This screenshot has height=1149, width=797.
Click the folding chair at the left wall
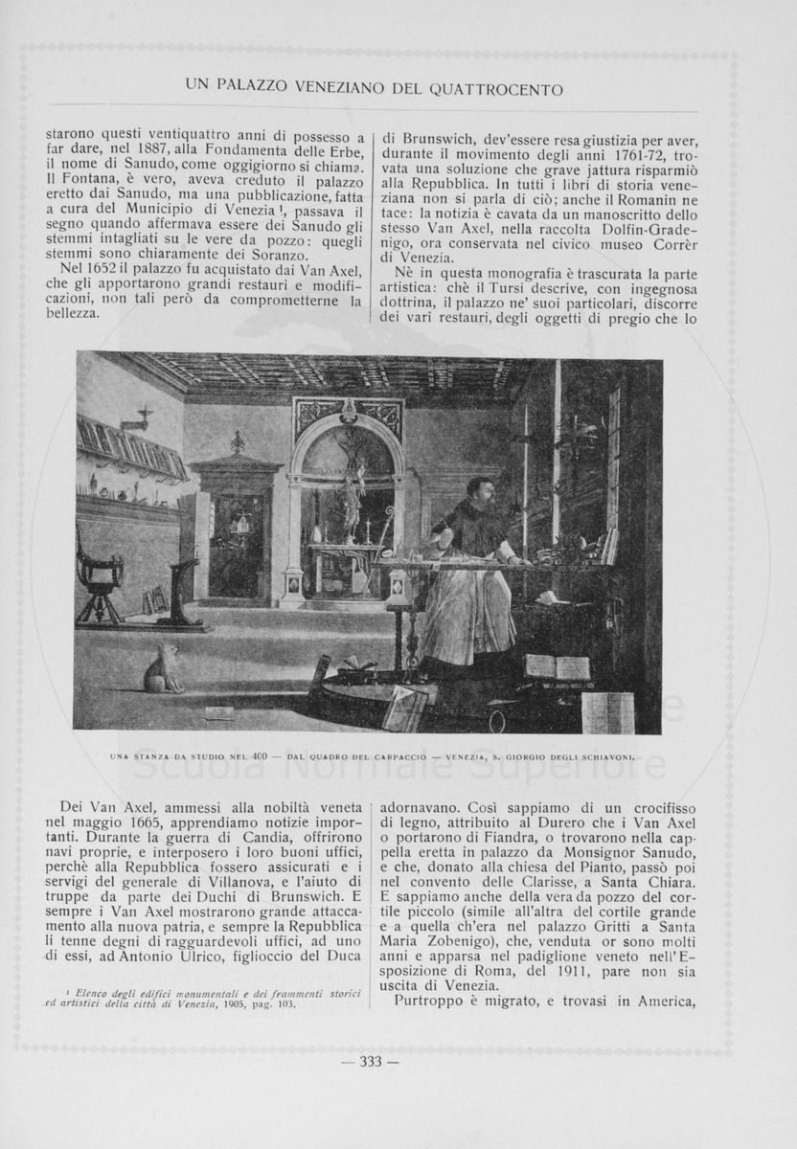click(101, 574)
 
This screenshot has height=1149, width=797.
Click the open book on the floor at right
click(557, 666)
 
